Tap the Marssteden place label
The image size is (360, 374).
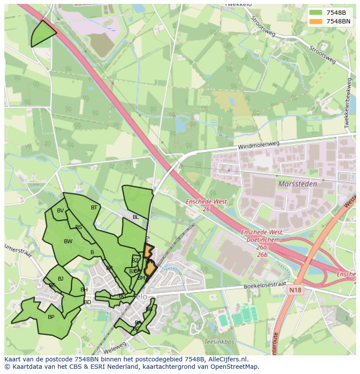point(297,184)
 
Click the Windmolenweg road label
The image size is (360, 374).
point(258,146)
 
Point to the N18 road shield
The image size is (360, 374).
point(295,288)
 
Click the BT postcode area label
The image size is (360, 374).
point(94,208)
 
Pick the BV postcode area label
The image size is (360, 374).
point(60,211)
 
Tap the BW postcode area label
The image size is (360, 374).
point(68,242)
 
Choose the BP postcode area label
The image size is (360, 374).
point(51,317)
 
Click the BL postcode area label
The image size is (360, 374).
point(136,217)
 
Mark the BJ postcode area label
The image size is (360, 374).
point(61,279)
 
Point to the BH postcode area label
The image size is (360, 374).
point(84,290)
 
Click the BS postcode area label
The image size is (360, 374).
point(79,227)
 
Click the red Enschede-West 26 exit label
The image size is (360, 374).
point(200,205)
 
